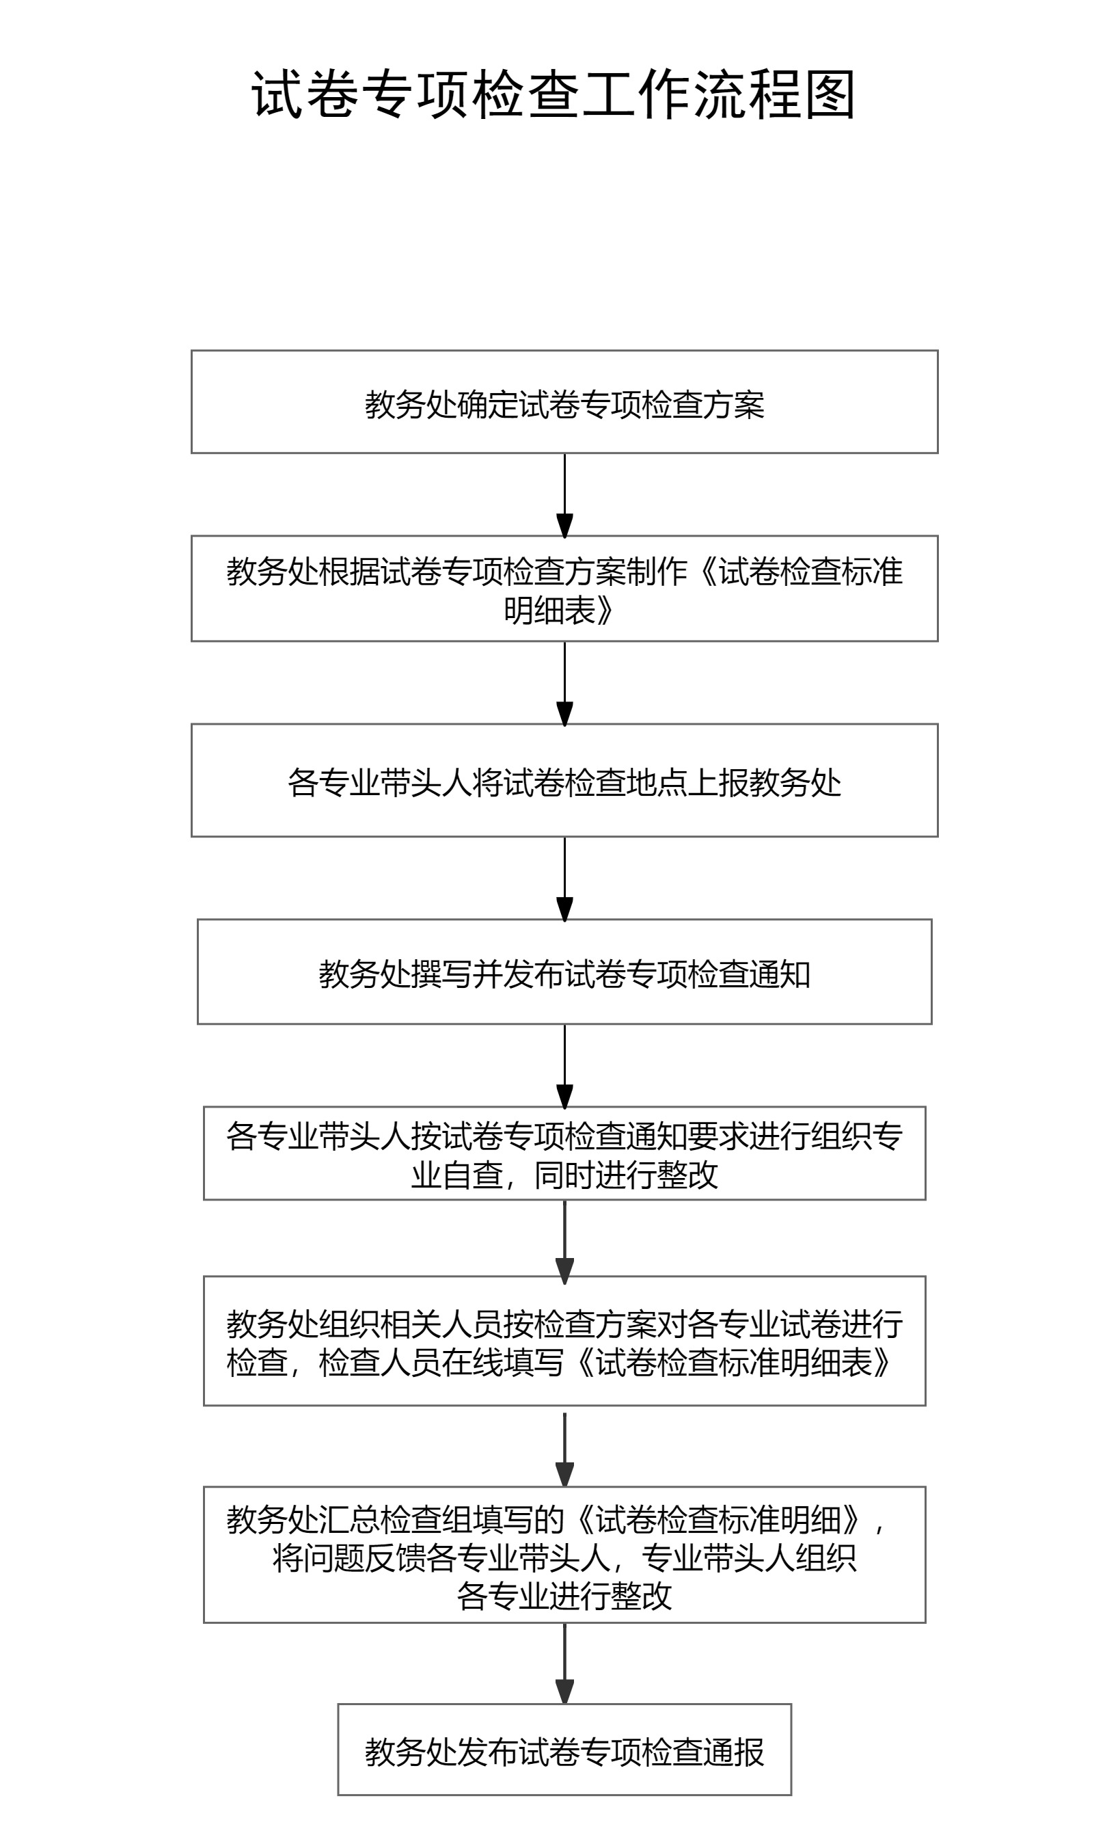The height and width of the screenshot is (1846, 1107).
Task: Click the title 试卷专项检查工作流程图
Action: [553, 95]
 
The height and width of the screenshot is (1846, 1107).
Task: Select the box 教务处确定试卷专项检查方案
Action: [564, 402]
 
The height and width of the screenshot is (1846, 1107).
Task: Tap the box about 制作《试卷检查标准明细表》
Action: [564, 589]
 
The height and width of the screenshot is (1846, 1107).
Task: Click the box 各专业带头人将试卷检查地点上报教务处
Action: [564, 781]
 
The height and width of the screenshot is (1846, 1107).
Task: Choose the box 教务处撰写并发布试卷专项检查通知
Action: [564, 972]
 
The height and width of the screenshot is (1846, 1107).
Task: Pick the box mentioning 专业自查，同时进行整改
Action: [564, 1153]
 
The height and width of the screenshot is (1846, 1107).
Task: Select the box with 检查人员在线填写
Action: [564, 1341]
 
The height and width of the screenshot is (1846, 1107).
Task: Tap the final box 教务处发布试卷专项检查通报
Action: [564, 1750]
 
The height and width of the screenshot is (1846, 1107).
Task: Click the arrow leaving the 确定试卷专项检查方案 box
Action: [564, 495]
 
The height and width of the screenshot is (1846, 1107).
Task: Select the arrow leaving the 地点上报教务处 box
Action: [564, 879]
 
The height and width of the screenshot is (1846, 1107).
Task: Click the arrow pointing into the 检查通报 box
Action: [564, 1663]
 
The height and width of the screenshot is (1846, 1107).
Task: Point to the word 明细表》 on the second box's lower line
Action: [559, 611]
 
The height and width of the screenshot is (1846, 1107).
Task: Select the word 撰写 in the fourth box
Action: [441, 974]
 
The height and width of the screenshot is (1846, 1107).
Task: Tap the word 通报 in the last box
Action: [734, 1752]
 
